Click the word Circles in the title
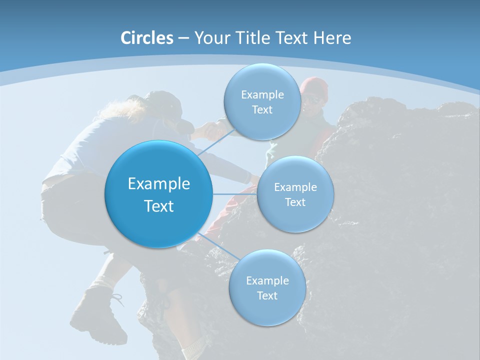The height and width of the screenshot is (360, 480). tap(147, 38)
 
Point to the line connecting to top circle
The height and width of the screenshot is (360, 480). tap(216, 143)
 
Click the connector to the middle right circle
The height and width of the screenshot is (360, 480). tap(235, 194)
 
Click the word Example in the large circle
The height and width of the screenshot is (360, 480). tap(159, 184)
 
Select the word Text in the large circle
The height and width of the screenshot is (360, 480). tap(159, 206)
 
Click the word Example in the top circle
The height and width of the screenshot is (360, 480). tap(262, 95)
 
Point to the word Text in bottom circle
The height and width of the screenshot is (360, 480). tap(267, 295)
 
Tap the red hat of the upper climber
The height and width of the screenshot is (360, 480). tap(314, 85)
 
